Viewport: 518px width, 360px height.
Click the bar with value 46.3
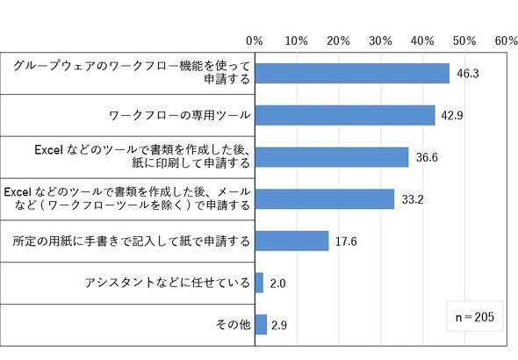[352, 74]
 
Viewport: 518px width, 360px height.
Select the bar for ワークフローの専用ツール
[345, 115]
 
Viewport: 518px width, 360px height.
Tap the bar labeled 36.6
[332, 157]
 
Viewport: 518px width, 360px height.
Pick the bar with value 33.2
[325, 199]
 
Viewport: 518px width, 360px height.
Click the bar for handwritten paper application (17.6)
[291, 241]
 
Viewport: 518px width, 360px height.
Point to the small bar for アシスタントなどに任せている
[259, 283]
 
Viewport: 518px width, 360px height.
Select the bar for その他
[261, 325]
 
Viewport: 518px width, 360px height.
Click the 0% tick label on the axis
[255, 41]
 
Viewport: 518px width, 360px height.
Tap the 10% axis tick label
[297, 41]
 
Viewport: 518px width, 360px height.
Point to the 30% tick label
[380, 41]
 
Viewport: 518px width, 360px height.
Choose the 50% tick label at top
[464, 41]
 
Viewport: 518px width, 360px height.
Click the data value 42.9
[452, 116]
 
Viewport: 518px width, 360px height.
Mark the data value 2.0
[277, 284]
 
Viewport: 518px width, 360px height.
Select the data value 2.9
[279, 326]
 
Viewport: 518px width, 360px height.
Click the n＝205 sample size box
[475, 316]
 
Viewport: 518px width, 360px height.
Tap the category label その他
[234, 324]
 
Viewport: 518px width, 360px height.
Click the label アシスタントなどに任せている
[167, 283]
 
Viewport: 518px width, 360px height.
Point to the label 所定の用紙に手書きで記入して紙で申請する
[131, 241]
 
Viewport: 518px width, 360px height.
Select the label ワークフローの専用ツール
[179, 115]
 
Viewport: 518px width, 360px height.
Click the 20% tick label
[338, 41]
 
